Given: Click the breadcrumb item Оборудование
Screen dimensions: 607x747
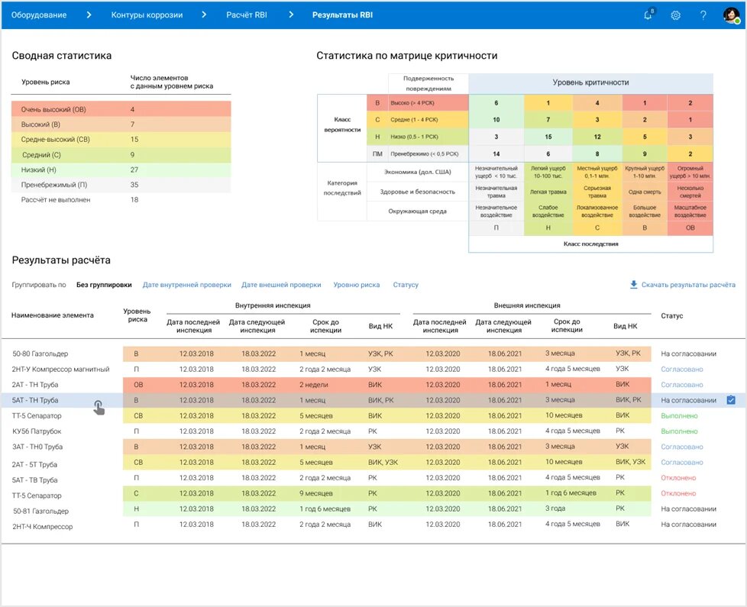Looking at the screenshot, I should click(39, 15).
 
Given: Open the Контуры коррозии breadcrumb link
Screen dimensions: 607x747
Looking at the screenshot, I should click(147, 15).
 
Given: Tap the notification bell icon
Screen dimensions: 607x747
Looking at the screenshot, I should click(648, 15).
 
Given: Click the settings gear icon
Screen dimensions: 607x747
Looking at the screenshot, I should click(675, 15).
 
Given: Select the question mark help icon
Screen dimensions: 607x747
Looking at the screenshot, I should click(703, 15).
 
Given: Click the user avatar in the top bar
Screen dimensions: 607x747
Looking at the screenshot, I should click(731, 15).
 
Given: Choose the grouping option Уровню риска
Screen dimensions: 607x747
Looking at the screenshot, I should click(356, 285).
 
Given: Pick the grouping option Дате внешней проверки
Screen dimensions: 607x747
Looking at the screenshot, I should click(281, 285).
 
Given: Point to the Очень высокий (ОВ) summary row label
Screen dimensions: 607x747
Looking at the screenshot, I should click(53, 109).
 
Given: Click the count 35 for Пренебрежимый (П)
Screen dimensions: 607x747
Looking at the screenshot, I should click(135, 185).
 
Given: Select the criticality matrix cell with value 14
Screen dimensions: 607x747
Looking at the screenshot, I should click(496, 153).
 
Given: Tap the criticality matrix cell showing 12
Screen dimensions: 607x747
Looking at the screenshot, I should click(597, 137).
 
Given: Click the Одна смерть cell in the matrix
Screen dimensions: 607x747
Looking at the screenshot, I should click(644, 192).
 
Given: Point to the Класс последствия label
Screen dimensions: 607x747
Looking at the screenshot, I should click(590, 244).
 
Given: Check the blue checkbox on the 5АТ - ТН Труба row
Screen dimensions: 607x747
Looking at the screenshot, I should click(731, 400).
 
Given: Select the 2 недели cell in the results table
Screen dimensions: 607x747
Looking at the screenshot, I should click(312, 385).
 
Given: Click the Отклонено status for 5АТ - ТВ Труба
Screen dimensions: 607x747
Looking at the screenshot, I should click(678, 478).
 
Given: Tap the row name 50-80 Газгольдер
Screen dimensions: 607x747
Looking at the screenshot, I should click(40, 354).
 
